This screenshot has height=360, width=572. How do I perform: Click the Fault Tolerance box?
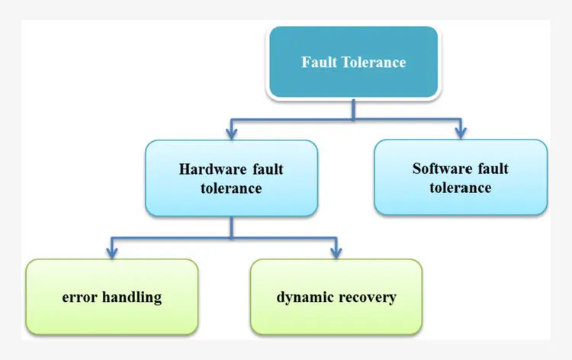[x=353, y=63]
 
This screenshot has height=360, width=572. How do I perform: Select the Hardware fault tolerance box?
[x=231, y=178]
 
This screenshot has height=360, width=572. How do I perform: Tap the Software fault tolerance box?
[x=460, y=177]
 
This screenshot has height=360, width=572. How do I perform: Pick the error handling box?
[x=112, y=297]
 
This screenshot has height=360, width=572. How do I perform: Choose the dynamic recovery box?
[x=336, y=297]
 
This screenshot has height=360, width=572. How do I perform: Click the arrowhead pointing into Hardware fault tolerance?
[x=231, y=134]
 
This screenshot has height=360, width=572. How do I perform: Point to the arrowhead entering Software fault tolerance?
[x=460, y=133]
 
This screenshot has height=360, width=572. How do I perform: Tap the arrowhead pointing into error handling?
[x=112, y=253]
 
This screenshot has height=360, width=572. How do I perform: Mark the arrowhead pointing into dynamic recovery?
[x=336, y=253]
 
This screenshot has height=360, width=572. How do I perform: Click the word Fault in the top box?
[x=316, y=63]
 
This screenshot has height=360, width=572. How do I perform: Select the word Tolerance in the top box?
[x=371, y=63]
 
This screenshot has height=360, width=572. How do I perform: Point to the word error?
[x=79, y=297]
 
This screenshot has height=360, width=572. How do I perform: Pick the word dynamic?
[x=303, y=297]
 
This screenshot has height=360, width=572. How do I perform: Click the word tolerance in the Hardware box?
[x=231, y=188]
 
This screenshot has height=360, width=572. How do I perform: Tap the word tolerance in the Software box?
[x=460, y=187]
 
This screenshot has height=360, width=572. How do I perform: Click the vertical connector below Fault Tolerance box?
[x=353, y=109]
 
